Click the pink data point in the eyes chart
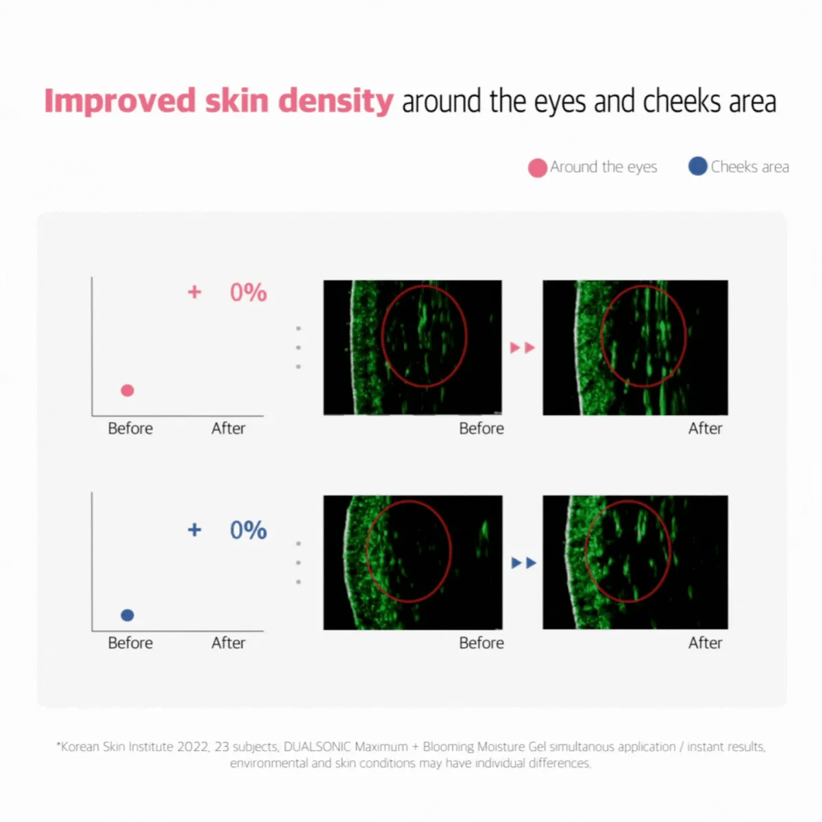(x=127, y=390)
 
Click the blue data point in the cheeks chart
(x=127, y=615)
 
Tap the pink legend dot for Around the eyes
(x=538, y=168)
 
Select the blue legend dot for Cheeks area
(x=697, y=166)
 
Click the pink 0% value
(x=248, y=292)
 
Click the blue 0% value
(x=248, y=530)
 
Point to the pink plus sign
(x=195, y=292)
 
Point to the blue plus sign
(x=195, y=530)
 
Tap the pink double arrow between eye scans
(x=522, y=348)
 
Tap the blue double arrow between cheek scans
(x=523, y=563)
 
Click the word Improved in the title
(x=120, y=101)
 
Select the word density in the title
(x=336, y=101)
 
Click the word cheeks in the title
(x=682, y=101)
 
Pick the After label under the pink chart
(x=228, y=428)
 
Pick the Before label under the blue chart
(x=130, y=643)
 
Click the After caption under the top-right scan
(x=705, y=428)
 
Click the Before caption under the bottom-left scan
(x=481, y=643)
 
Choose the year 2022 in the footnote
(x=193, y=747)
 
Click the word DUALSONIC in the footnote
(x=317, y=747)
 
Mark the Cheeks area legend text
(x=749, y=166)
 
